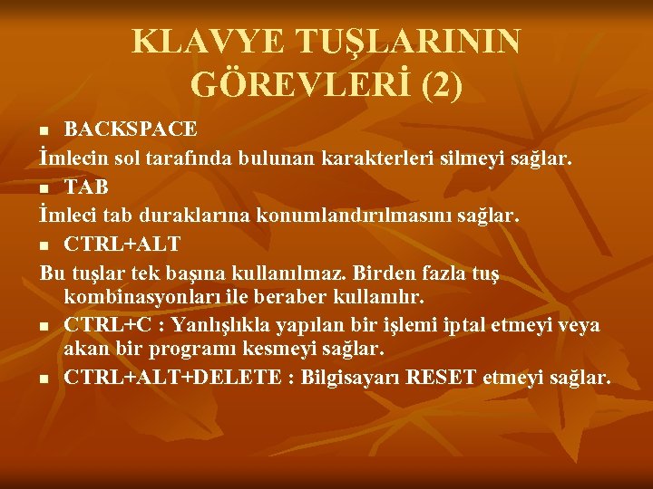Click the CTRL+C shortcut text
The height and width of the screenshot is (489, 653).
click(108, 324)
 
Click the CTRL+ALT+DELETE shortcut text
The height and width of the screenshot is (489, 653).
click(173, 376)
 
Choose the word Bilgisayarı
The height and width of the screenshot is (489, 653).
click(353, 376)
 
